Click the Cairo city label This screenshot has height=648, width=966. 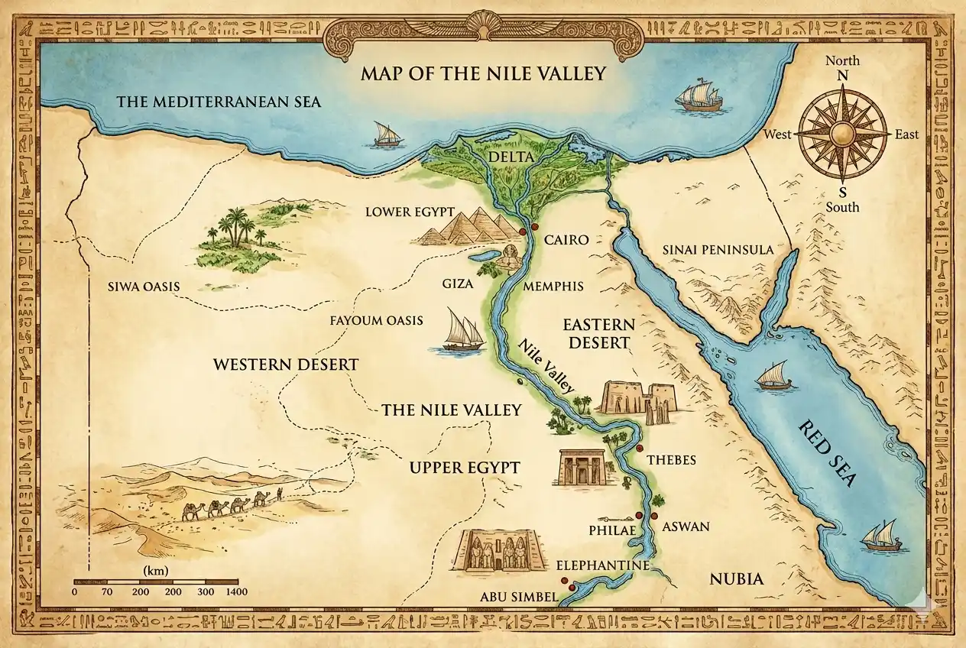coord(566,240)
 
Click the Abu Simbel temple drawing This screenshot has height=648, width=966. coord(501,550)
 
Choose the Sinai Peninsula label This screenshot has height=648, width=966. coord(718,250)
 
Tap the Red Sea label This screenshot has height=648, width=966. coord(827,454)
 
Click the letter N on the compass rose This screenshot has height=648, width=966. coord(843,76)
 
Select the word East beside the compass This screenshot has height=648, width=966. coord(906,135)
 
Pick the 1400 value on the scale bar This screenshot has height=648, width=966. coord(237,591)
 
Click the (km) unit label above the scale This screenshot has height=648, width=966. coord(156,571)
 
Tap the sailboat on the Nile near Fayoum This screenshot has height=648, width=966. coord(462,332)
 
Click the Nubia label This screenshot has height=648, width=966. coord(736,578)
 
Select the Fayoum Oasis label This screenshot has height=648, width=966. coord(374,320)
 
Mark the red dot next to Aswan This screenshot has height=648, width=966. coord(654,517)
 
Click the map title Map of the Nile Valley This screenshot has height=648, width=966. coord(483,73)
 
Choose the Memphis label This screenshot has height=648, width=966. coord(553,287)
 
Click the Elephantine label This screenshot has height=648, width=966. coord(602,565)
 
